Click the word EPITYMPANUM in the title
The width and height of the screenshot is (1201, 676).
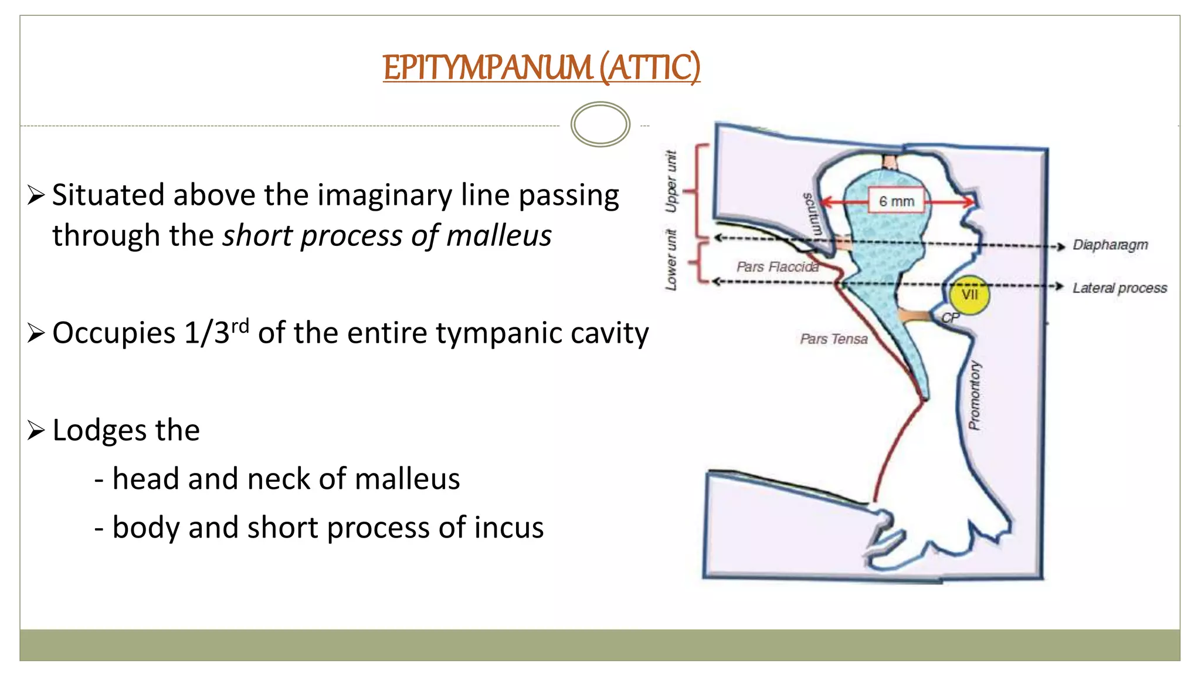[x=487, y=67]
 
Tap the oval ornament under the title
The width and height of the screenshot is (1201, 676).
[x=600, y=124]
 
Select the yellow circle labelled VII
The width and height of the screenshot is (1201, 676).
[x=969, y=295]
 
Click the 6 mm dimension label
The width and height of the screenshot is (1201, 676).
[x=896, y=201]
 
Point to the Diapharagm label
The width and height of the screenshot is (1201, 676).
[x=1110, y=245]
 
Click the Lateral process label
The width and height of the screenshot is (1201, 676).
[x=1119, y=288]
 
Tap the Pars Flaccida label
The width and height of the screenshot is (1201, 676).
[x=777, y=267]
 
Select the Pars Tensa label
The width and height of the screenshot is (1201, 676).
[x=833, y=339]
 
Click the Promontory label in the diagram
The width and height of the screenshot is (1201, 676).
[x=974, y=395]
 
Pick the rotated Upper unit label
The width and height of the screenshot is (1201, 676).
[x=671, y=181]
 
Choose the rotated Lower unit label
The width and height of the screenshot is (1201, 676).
[x=671, y=259]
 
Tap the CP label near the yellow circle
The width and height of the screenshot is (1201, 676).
[x=950, y=317]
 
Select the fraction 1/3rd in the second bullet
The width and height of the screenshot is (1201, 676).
[x=216, y=332]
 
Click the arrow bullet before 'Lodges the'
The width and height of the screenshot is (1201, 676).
[x=36, y=431]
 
